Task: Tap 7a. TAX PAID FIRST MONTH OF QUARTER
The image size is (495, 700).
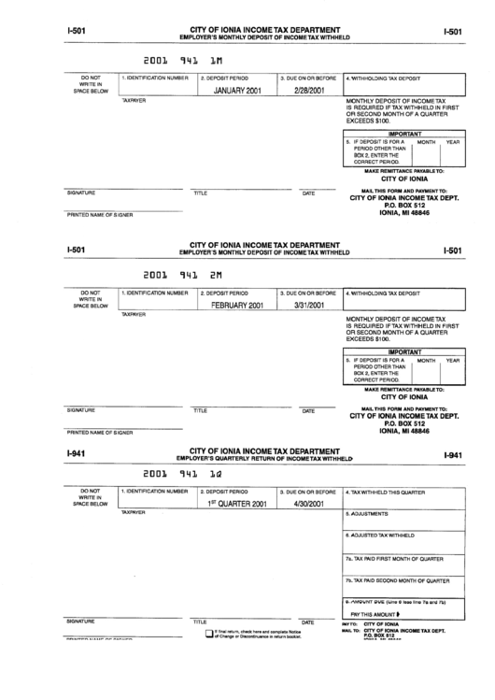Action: tap(393, 559)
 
